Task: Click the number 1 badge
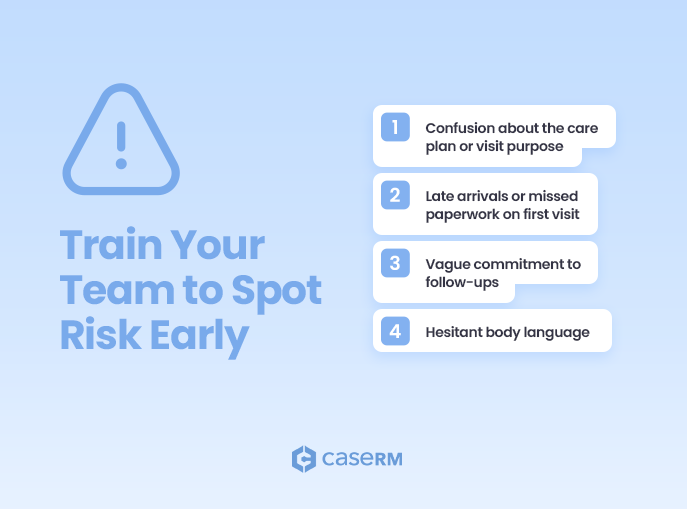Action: click(x=395, y=127)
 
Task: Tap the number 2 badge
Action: click(x=395, y=195)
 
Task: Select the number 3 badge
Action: click(x=395, y=263)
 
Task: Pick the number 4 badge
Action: click(x=395, y=332)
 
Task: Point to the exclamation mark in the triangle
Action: click(x=121, y=144)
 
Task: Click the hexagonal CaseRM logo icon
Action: click(x=303, y=459)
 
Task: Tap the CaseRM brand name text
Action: click(x=362, y=459)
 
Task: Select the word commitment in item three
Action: click(x=520, y=264)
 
